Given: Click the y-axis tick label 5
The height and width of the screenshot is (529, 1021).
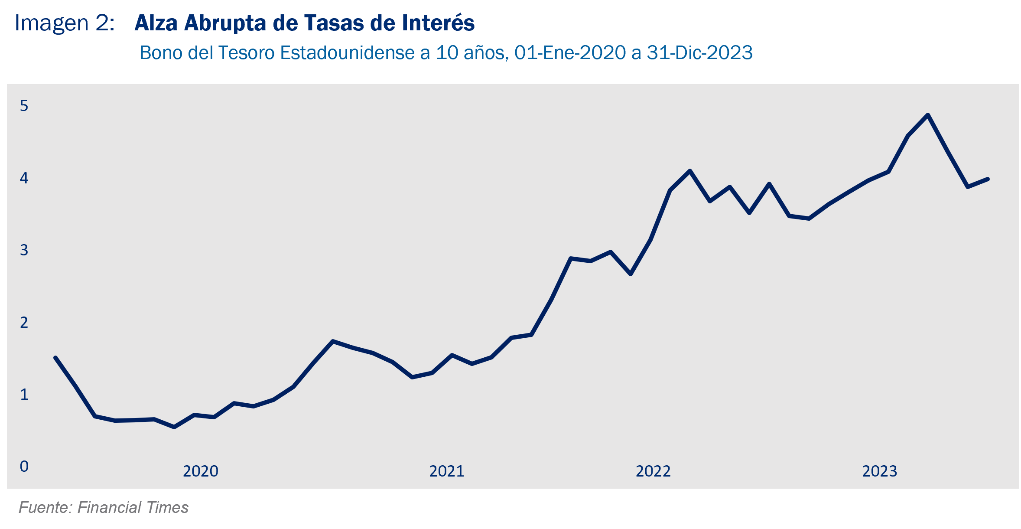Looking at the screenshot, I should point(24,106).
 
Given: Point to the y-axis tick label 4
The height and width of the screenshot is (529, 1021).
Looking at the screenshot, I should point(24,178).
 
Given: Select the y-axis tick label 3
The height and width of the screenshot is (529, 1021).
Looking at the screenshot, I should point(24,250).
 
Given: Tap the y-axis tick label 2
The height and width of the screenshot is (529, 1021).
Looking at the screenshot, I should point(24,322).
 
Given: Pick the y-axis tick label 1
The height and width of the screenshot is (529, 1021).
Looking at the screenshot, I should point(24,394).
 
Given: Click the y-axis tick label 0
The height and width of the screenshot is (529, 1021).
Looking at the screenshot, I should point(24,467).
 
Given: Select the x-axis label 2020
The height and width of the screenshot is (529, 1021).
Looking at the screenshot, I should point(201,471).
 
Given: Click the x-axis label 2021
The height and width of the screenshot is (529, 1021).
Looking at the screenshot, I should point(446,471).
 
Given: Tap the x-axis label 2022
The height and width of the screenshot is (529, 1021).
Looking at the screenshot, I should point(653,471).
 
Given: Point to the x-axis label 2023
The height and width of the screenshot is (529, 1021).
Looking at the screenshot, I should point(880,471).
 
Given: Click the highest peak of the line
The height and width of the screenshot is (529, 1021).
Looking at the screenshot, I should point(928,115).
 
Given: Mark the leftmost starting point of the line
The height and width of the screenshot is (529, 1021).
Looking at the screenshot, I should point(55,358).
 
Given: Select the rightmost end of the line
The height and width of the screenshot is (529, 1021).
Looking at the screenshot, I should point(988,179).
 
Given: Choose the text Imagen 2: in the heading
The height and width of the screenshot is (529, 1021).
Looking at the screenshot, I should point(65,23).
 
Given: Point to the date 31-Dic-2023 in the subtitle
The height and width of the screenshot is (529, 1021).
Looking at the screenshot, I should point(699,53).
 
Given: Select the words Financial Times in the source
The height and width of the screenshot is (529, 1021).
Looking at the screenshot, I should point(133,507).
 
